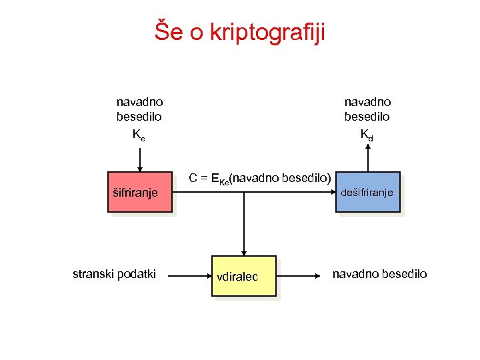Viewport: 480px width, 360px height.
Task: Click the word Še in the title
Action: pyautogui.click(x=169, y=30)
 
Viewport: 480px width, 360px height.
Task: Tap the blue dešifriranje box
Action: pyautogui.click(x=368, y=192)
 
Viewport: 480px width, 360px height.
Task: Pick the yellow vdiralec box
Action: pyautogui.click(x=243, y=275)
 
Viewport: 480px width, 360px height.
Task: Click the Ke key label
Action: pyautogui.click(x=139, y=135)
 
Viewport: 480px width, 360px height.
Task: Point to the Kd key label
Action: pyautogui.click(x=367, y=135)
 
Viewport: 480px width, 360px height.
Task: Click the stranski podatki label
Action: pyautogui.click(x=114, y=274)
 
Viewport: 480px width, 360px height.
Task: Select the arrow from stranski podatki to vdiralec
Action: pyautogui.click(x=189, y=275)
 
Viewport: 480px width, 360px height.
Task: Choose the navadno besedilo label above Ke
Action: pyautogui.click(x=139, y=109)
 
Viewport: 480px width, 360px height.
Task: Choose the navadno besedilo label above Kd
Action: pyautogui.click(x=367, y=109)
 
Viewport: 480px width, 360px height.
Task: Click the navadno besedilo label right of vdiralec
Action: pyautogui.click(x=380, y=274)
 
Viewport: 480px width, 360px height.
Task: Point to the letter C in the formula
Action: pyautogui.click(x=193, y=178)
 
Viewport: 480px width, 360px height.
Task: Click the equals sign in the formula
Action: pyautogui.click(x=203, y=178)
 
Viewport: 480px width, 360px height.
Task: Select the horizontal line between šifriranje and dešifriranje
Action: pyautogui.click(x=253, y=192)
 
